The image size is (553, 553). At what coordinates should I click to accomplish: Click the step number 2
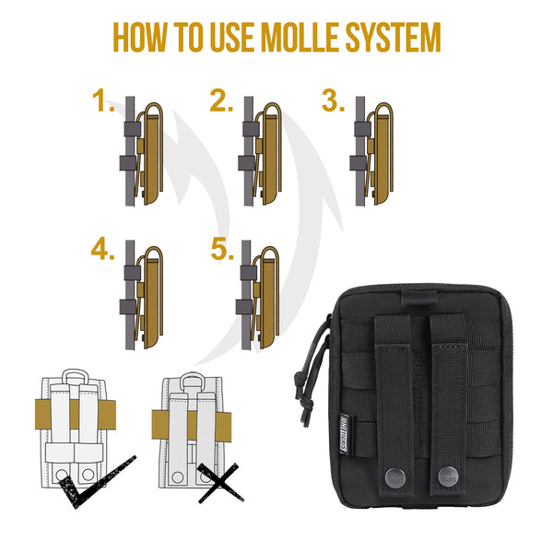coord(220,100)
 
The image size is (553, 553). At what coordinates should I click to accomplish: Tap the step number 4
coord(102,250)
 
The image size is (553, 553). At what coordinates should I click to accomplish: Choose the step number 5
coord(220,250)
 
